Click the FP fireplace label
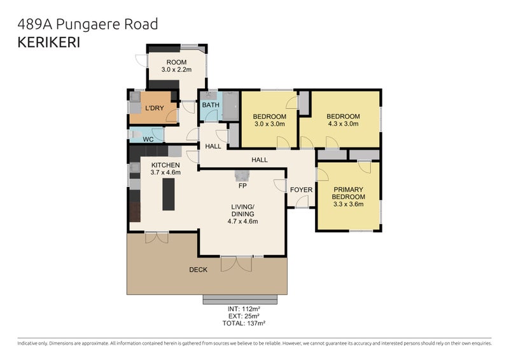[x=242, y=186]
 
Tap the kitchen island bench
[x=169, y=195]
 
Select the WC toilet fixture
[x=136, y=134]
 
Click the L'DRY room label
[x=154, y=108]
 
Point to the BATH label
[x=211, y=105]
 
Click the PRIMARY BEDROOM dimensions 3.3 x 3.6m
[x=348, y=204]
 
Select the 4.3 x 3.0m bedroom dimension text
[x=343, y=123]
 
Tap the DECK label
[x=198, y=270]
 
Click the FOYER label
[x=301, y=190]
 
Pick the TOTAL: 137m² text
[x=244, y=323]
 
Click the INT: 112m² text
[x=244, y=308]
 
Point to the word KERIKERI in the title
[x=49, y=43]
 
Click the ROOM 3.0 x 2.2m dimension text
[x=176, y=69]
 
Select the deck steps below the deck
[x=241, y=300]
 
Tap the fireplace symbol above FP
[x=242, y=176]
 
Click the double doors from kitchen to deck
[x=157, y=238]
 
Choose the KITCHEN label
[x=165, y=165]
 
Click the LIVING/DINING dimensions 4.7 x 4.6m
[x=243, y=221]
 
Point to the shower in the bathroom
[x=231, y=106]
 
